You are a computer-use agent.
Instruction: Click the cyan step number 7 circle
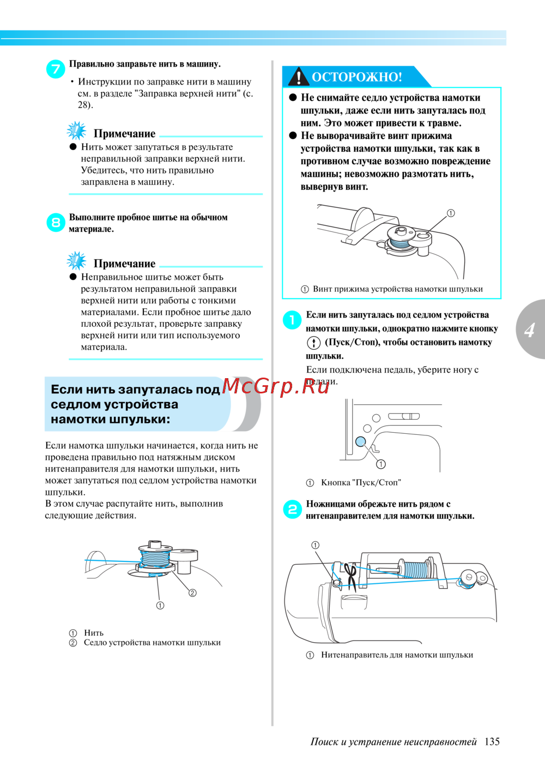tap(56, 69)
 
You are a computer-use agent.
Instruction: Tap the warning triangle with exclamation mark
tap(299, 76)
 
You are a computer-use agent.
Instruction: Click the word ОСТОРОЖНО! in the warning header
tap(357, 77)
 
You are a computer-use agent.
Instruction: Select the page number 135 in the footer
tap(492, 742)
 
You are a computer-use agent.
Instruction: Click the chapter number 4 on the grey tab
tap(530, 330)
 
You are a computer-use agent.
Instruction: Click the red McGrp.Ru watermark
tap(275, 386)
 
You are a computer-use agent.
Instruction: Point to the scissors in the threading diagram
tap(351, 578)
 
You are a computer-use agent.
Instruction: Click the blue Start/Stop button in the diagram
tap(360, 441)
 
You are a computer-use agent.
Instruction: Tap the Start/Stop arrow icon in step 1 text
tap(313, 343)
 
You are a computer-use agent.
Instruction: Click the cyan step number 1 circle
tap(292, 320)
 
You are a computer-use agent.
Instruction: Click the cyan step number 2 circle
tap(292, 510)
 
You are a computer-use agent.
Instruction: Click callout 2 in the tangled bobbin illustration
tap(192, 593)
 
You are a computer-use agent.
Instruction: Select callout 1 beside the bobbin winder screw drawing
tap(451, 213)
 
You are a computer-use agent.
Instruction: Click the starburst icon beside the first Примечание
tap(76, 131)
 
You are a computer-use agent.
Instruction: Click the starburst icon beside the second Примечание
tap(76, 261)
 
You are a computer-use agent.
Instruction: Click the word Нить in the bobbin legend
tap(94, 632)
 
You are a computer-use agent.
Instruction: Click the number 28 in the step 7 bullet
tap(82, 105)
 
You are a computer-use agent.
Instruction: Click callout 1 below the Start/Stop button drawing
tap(380, 464)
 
